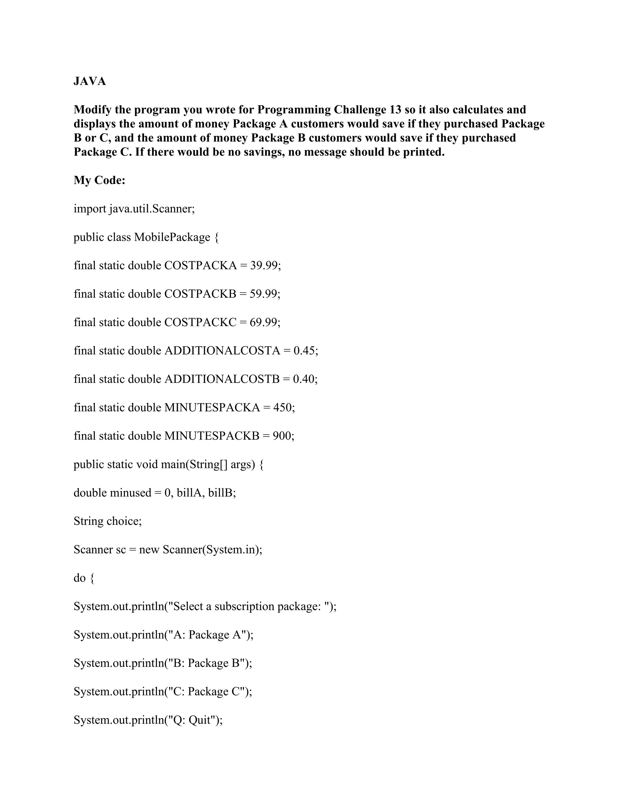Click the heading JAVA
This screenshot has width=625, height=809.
click(x=90, y=81)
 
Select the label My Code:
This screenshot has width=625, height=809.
click(x=99, y=180)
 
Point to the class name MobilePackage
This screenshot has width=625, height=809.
click(x=172, y=237)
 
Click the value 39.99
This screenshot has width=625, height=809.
click(x=264, y=266)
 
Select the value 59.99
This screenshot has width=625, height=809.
click(x=264, y=294)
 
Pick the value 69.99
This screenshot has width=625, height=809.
click(x=264, y=322)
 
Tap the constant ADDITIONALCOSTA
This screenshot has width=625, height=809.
click(x=222, y=350)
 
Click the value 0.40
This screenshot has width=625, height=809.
click(x=304, y=379)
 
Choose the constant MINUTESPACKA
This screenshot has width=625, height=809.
click(x=212, y=408)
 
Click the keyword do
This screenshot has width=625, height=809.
click(x=79, y=578)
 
